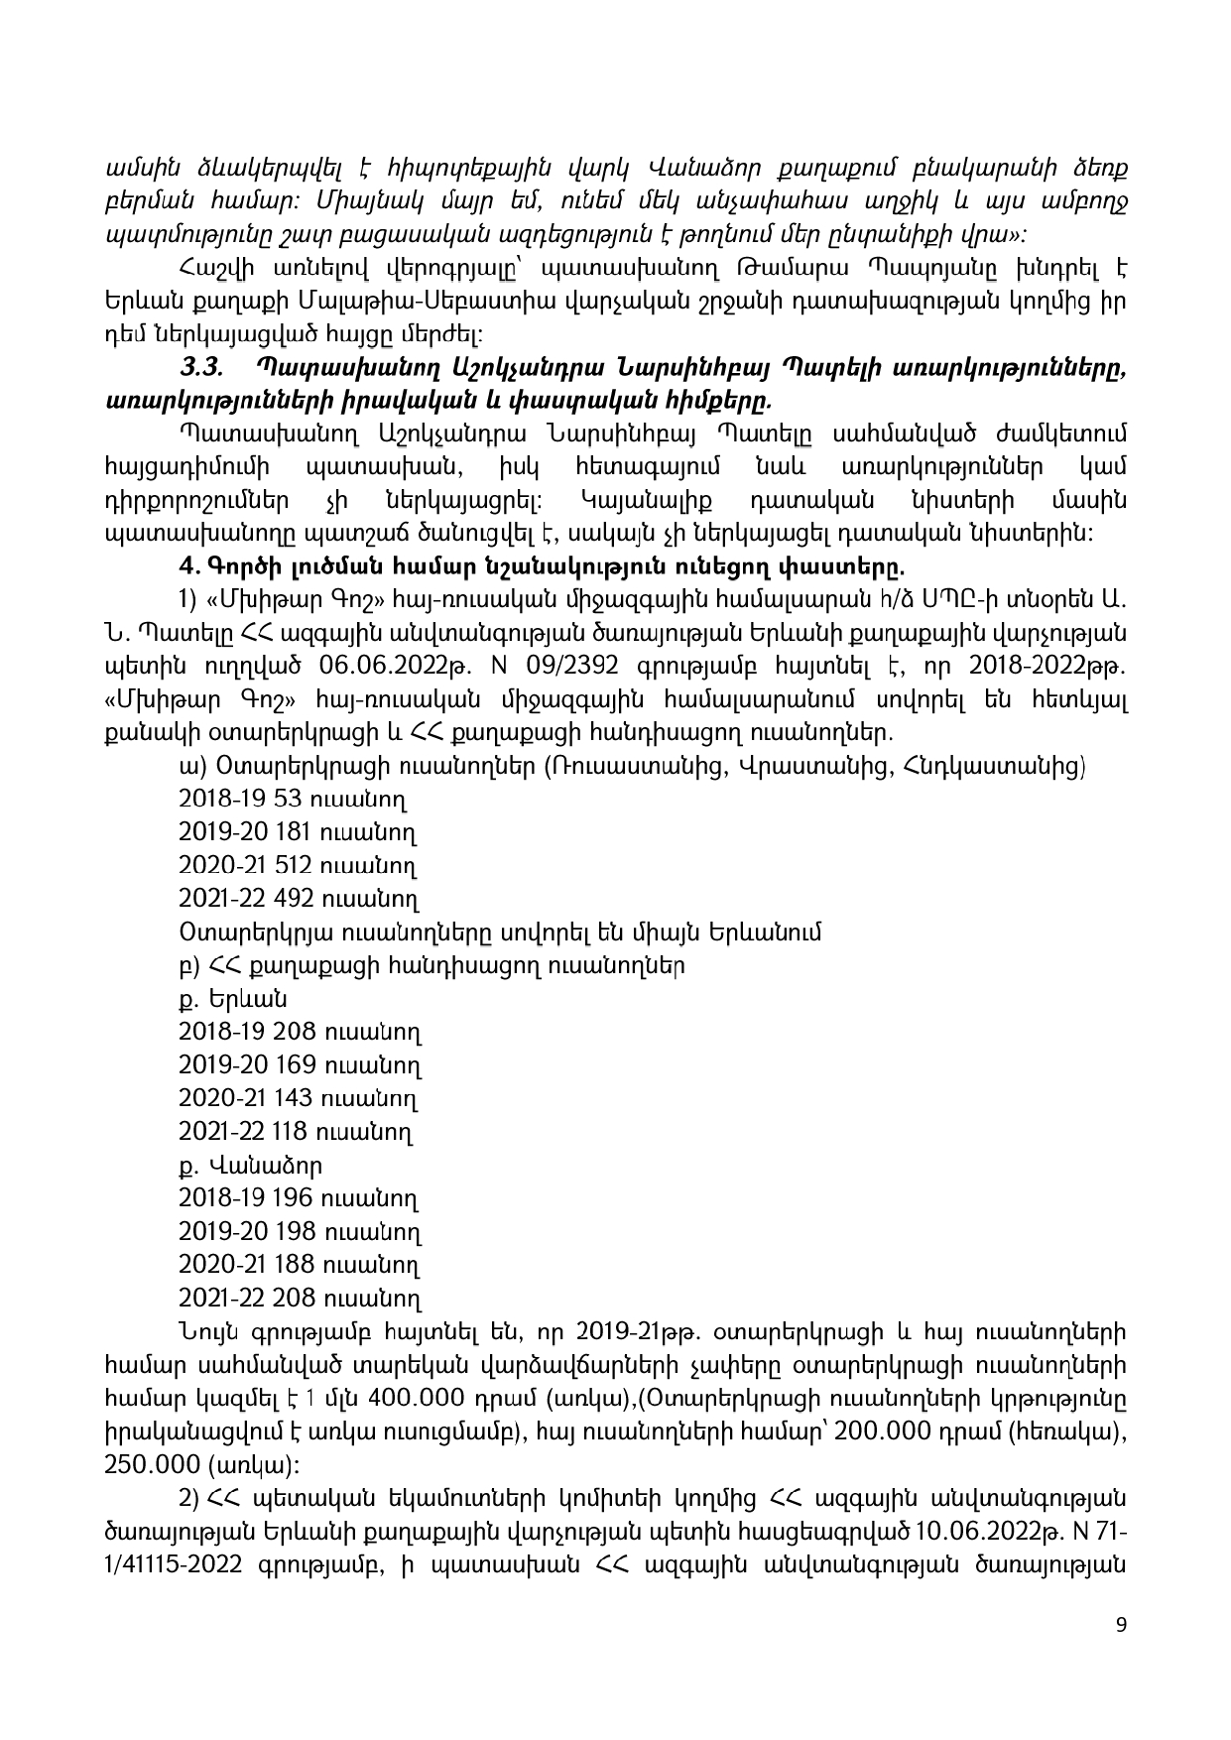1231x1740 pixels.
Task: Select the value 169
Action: [x=294, y=1065]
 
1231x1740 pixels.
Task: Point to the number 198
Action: [x=294, y=1232]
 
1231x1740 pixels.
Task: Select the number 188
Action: [x=293, y=1265]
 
